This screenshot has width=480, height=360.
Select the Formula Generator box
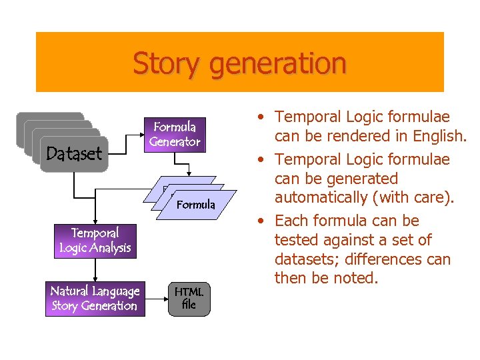[x=175, y=134]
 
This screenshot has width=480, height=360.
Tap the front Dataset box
[x=73, y=154]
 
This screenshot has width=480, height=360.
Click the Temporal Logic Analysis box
[x=95, y=241]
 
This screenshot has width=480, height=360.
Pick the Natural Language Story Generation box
[x=95, y=299]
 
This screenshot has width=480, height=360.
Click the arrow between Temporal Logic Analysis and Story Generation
[x=95, y=270]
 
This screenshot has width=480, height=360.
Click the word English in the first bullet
[x=439, y=136]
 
